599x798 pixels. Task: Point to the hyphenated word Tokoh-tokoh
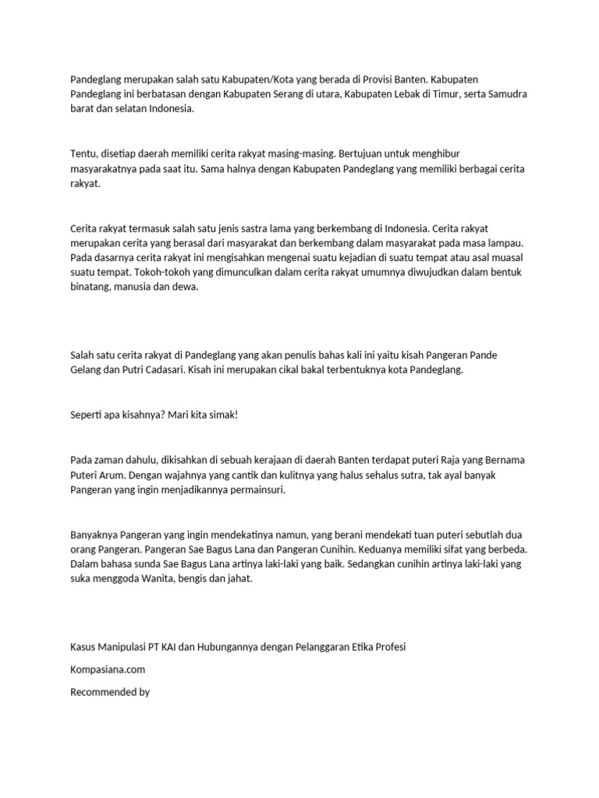point(164,273)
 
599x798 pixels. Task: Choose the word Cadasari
point(161,370)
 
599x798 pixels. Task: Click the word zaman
point(110,460)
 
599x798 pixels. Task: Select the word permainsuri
point(257,489)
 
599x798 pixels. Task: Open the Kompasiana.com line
point(108,669)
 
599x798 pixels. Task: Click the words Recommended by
point(110,691)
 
